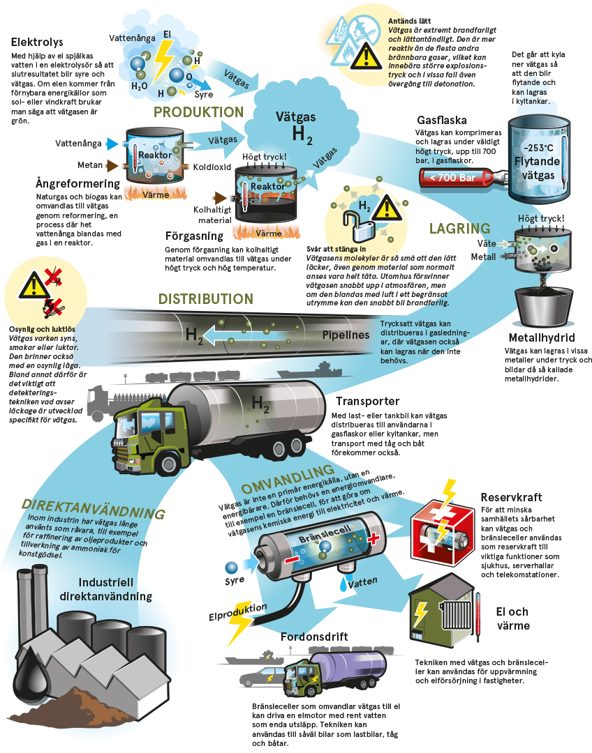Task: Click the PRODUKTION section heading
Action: [198, 112]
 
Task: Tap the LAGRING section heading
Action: [459, 228]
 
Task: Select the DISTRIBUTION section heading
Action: [205, 299]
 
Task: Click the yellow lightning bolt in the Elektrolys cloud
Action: [164, 59]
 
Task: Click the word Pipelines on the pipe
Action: [346, 335]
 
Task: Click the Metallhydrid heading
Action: [542, 338]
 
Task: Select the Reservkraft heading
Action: [511, 498]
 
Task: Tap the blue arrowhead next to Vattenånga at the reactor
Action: [112, 144]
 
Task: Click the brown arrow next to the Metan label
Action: [112, 166]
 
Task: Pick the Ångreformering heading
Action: [77, 184]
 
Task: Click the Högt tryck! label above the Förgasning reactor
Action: [264, 157]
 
